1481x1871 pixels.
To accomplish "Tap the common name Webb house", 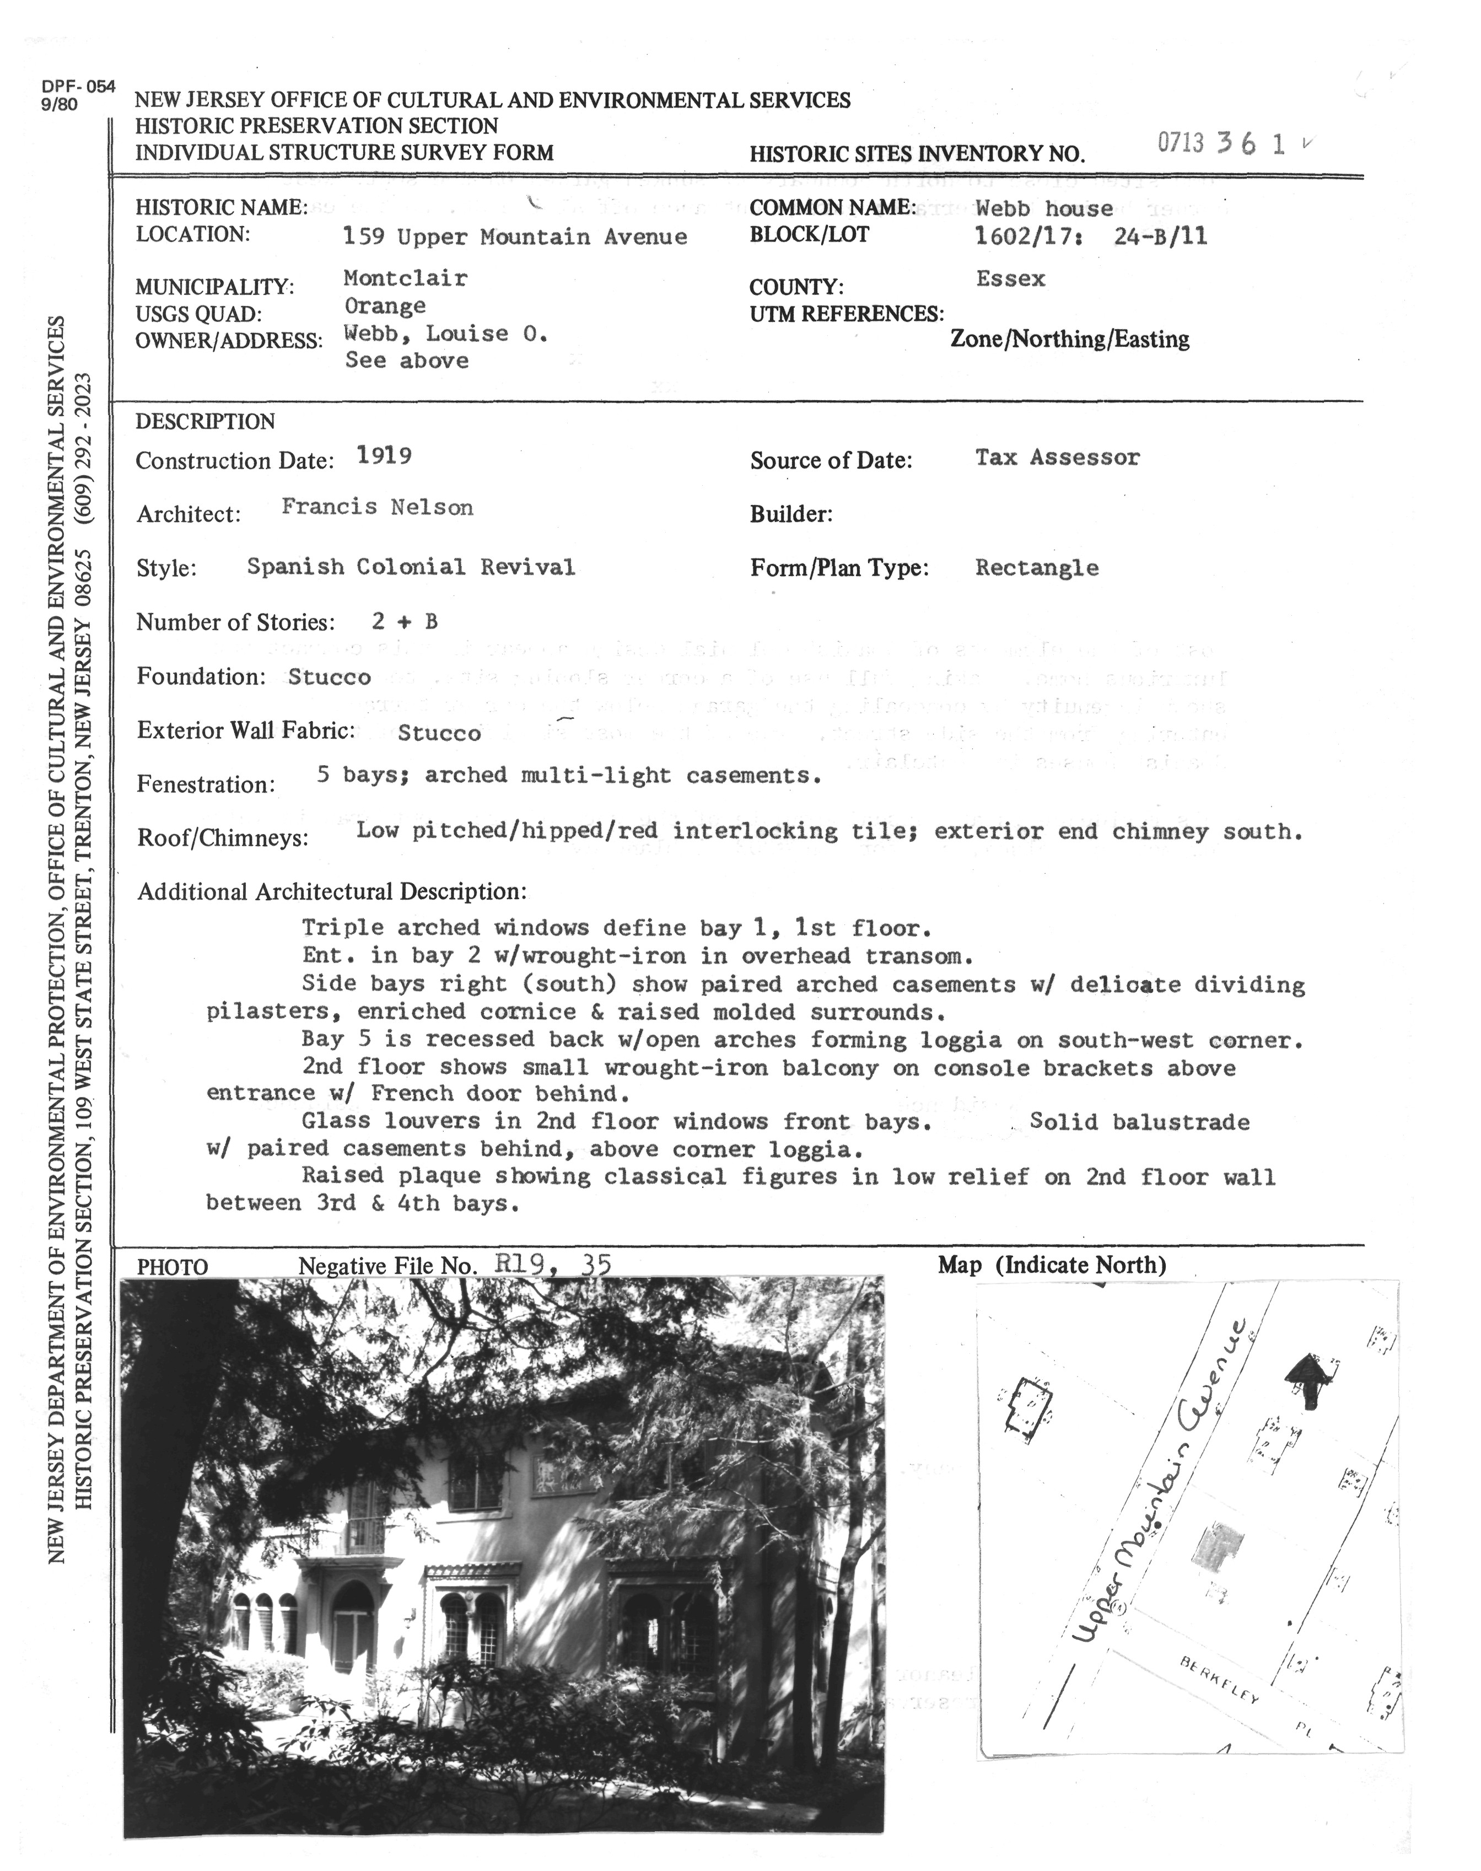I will click(x=1043, y=208).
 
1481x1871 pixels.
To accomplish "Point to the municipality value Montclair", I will click(x=405, y=278).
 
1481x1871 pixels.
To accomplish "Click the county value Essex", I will click(x=1010, y=278).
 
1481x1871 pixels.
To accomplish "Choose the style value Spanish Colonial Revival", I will click(x=410, y=567).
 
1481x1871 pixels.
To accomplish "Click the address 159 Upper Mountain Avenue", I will click(x=514, y=236).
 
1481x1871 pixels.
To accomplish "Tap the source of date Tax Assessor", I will click(x=1057, y=457).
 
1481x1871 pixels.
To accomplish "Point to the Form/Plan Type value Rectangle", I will click(x=1036, y=568).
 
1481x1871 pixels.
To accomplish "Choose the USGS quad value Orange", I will click(x=384, y=306).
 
